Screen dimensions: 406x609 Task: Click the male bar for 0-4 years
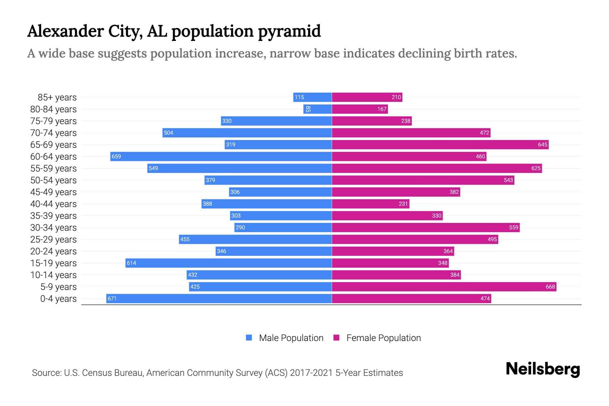click(219, 298)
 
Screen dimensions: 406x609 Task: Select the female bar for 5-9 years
click(444, 287)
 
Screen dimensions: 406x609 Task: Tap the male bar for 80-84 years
click(317, 109)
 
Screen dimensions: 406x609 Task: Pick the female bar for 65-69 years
click(440, 144)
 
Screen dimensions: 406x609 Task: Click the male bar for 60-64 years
click(221, 156)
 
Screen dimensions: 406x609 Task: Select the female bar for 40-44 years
click(370, 204)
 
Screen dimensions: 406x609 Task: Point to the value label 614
click(131, 263)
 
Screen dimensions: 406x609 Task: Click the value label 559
click(514, 227)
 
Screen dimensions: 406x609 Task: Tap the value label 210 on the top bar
click(396, 97)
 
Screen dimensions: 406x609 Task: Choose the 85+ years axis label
click(57, 97)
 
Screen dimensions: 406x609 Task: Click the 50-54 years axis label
click(53, 180)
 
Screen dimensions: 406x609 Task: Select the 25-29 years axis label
click(53, 240)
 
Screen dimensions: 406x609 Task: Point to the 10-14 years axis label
click(53, 275)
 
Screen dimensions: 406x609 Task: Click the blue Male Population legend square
click(249, 338)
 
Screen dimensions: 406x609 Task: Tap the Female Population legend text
click(383, 338)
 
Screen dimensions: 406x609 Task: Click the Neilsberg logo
click(543, 369)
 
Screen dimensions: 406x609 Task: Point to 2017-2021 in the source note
click(311, 373)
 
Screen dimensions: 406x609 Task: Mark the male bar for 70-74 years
click(247, 133)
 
